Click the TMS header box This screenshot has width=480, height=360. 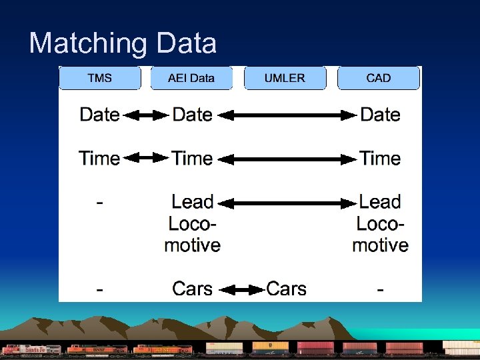100,78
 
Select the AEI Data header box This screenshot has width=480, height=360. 191,78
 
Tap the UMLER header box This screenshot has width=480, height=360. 285,78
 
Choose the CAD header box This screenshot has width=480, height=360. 379,78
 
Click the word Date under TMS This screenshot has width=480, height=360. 99,115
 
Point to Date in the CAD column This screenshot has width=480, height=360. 380,115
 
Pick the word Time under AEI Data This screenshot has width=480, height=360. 192,159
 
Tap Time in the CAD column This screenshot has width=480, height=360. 380,159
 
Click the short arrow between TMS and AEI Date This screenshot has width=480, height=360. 146,115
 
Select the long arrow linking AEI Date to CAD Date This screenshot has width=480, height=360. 288,115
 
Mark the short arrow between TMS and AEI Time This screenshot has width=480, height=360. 146,159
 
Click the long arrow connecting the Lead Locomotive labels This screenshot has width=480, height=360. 288,202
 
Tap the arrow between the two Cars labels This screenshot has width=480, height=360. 242,289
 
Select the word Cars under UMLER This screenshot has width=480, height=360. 287,289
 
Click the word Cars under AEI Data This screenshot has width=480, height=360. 192,289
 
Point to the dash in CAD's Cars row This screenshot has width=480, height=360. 380,289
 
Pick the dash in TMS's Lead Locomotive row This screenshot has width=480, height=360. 99,203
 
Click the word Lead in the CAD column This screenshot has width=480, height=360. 380,202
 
